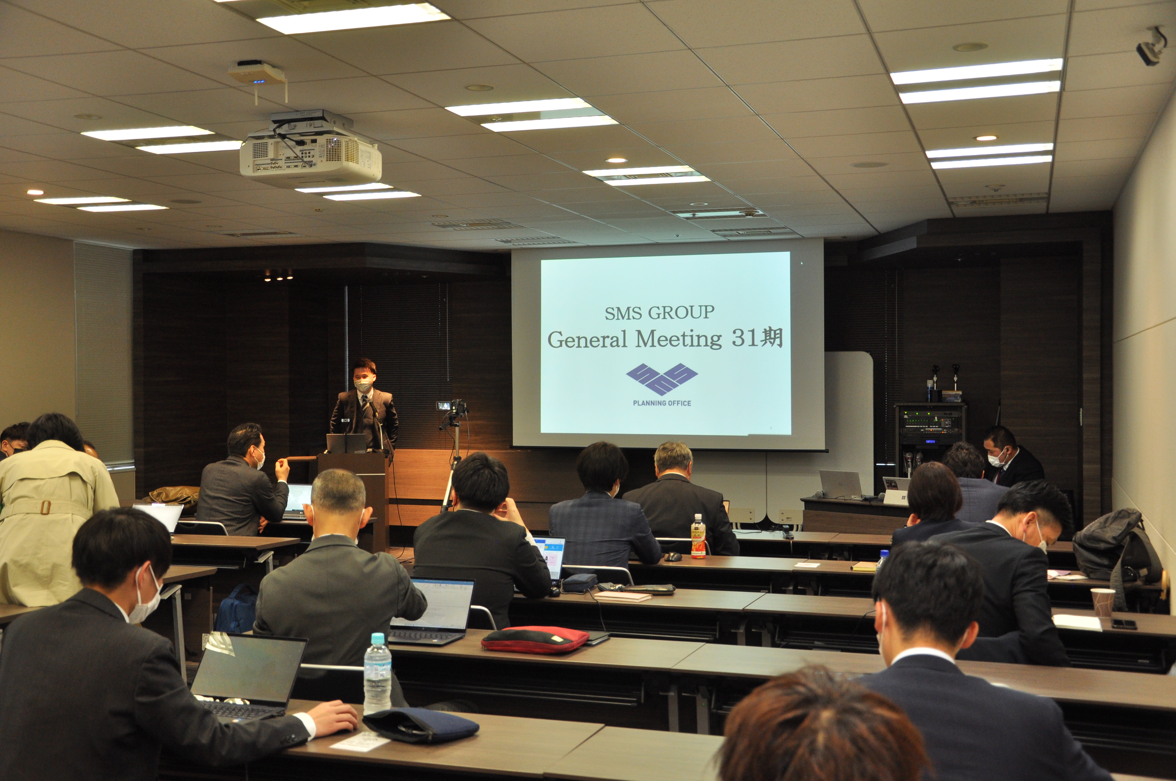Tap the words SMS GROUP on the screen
(x=659, y=313)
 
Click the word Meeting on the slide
(x=678, y=340)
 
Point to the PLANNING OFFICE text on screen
(x=661, y=403)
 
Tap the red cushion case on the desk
(x=535, y=639)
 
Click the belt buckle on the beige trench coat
(x=45, y=507)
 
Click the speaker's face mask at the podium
(x=363, y=385)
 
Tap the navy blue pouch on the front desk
(x=421, y=725)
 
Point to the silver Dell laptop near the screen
(x=841, y=484)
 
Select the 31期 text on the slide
(x=757, y=338)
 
